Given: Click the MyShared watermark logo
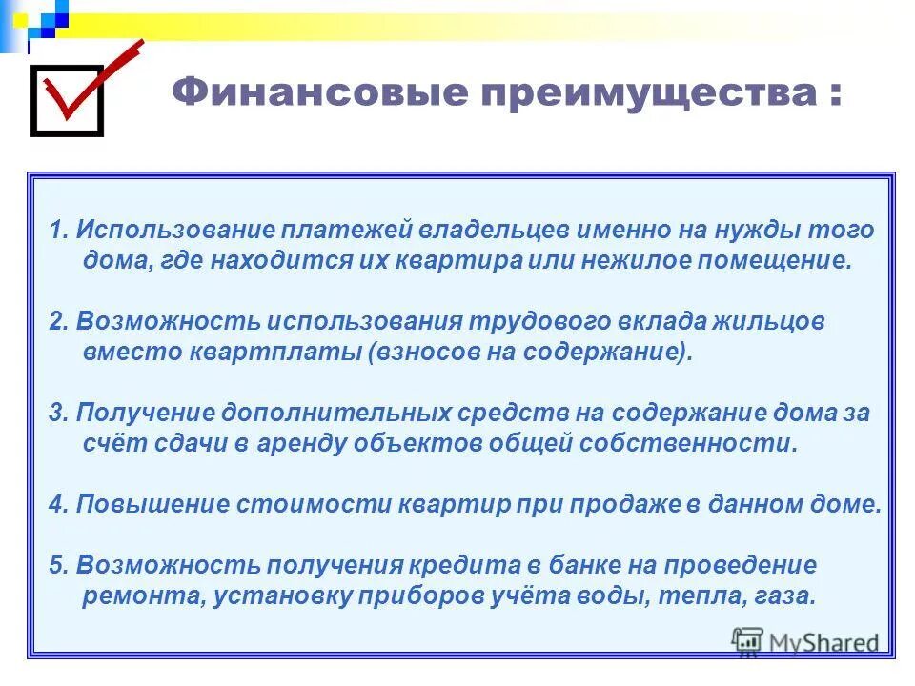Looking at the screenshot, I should click(x=805, y=643).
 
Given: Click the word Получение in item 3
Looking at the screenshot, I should click(x=143, y=414).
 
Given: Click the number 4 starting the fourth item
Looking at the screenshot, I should click(x=54, y=505).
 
